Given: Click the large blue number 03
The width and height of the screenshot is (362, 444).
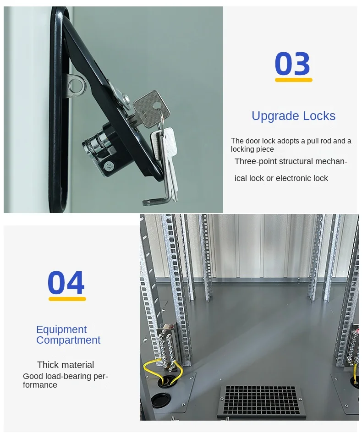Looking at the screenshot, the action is pos(292,64).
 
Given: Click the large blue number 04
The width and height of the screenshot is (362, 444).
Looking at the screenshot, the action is pos(66,283).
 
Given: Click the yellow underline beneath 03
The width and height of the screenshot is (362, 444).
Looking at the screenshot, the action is pos(293,80).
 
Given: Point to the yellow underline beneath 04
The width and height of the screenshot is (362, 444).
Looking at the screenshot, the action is pos(67,299).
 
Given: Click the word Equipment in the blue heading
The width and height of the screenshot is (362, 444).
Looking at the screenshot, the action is pos(61,329).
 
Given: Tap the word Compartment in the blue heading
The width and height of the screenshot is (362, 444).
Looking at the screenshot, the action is pos(68,340).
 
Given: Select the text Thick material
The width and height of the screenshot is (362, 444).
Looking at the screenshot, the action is pos(66,365).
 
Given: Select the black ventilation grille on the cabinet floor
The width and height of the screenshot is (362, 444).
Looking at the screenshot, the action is pos(261,401).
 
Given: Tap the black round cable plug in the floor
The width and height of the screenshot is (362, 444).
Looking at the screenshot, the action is pos(160,400).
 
